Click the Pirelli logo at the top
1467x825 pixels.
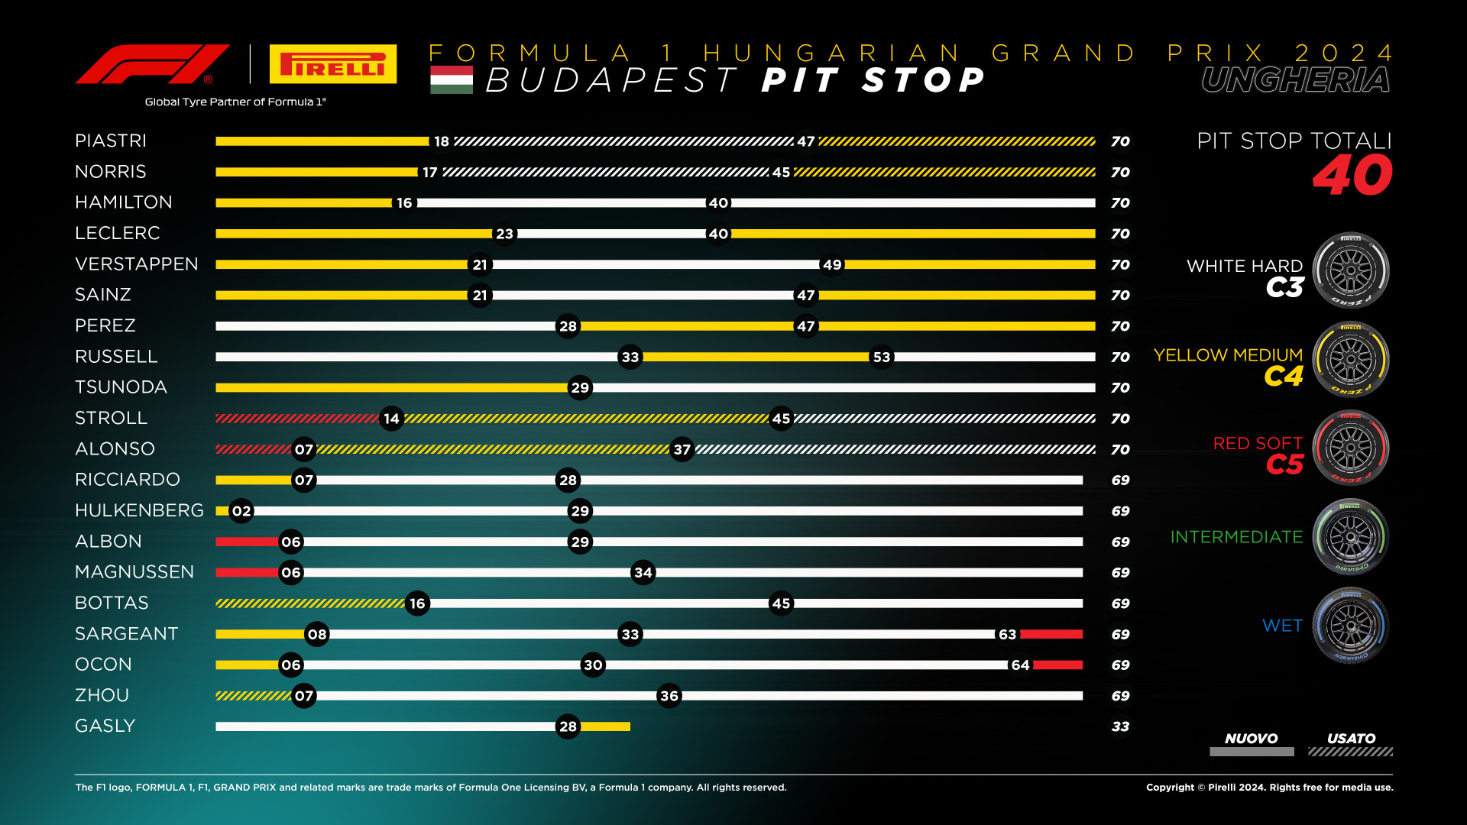333,64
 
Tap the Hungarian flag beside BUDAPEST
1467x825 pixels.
451,80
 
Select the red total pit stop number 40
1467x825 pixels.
1352,176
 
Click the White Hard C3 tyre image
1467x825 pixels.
1350,270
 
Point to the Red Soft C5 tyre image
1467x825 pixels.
1350,448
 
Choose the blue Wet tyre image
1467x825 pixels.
1350,626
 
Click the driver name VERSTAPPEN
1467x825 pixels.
137,264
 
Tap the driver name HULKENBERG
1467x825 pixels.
139,510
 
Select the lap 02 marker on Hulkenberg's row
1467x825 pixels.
241,511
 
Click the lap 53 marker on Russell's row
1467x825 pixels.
882,357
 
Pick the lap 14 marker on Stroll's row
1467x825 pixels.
391,419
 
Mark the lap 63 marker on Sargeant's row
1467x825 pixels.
1007,634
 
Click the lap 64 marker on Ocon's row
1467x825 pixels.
1020,665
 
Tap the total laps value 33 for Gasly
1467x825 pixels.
1120,726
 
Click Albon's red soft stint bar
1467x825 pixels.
247,542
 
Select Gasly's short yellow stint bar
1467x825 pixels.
605,726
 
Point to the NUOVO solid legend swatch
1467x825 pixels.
1252,752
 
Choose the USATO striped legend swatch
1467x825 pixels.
1350,752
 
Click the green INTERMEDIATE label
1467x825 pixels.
1236,537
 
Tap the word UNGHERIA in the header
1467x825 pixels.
1296,80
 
